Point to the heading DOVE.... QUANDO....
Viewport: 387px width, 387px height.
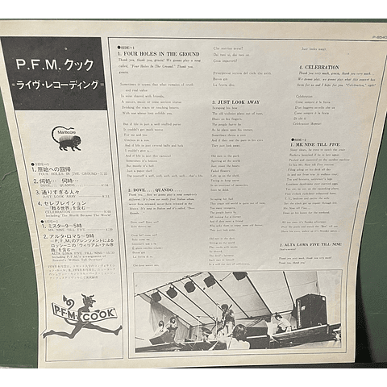tap(152, 191)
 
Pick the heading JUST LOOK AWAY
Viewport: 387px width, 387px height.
tap(239, 102)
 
